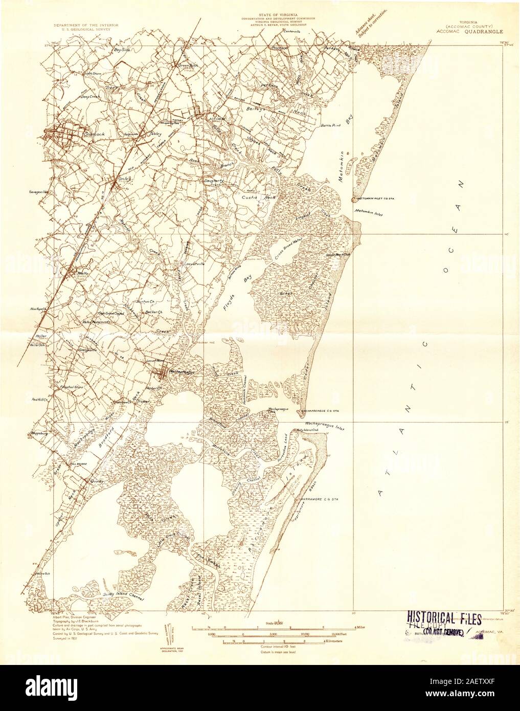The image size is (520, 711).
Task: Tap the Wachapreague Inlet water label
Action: point(326,424)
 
